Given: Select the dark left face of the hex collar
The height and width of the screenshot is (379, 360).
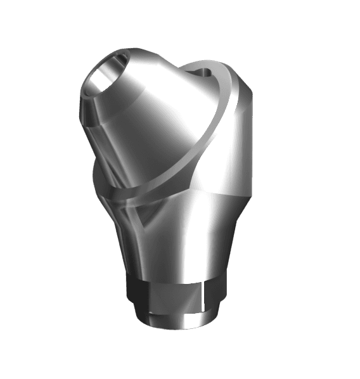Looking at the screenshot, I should pyautogui.click(x=136, y=290).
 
